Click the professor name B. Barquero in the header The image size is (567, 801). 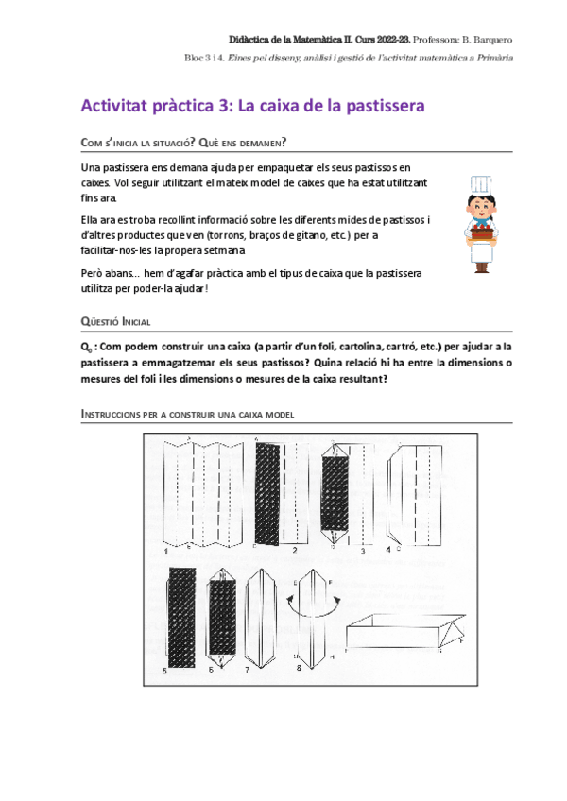484,39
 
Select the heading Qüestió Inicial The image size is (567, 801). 116,321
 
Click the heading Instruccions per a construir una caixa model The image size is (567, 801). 189,414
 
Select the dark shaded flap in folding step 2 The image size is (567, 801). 274,493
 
